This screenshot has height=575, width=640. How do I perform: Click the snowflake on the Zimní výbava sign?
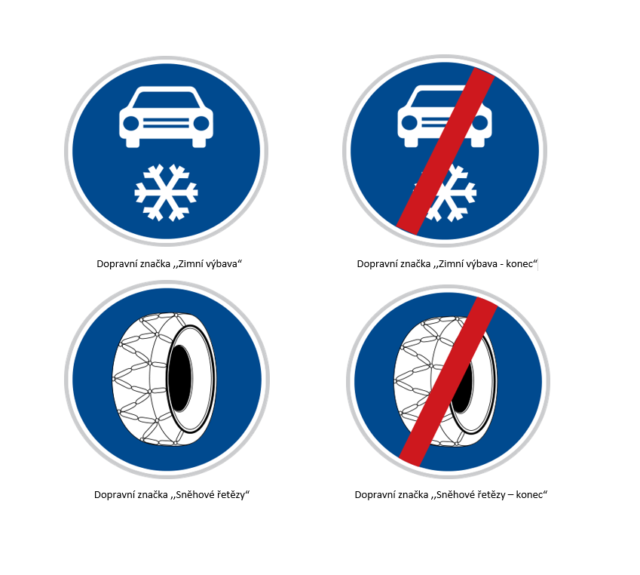click(166, 192)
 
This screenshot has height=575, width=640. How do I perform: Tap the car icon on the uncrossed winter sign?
click(166, 117)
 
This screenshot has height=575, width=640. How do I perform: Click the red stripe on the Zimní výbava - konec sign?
click(446, 151)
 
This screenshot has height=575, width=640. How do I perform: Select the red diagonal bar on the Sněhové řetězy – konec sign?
click(449, 381)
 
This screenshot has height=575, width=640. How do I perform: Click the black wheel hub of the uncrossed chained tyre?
click(180, 378)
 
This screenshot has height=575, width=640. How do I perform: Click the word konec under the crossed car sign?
click(519, 264)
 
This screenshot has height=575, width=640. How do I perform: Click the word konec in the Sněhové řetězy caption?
click(530, 495)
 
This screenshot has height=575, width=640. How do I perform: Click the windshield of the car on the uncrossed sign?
click(166, 100)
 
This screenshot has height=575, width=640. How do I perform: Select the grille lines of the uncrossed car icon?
click(166, 123)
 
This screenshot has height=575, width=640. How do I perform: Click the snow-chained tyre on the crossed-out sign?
click(446, 381)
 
